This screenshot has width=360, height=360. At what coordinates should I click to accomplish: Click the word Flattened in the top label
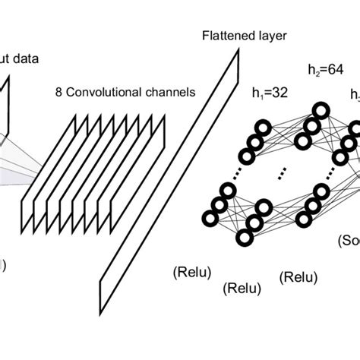[x=223, y=36]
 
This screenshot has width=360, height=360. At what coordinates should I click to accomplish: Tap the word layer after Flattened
[x=261, y=36]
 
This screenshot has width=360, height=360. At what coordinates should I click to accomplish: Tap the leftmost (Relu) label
[x=193, y=271]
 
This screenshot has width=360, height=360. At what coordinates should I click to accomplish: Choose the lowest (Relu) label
[x=242, y=289]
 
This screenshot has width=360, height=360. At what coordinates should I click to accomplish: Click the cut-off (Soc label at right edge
[x=349, y=241]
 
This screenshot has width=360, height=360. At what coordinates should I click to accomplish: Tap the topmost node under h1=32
[x=264, y=126]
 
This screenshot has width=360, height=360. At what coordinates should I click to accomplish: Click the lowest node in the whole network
[x=246, y=238]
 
